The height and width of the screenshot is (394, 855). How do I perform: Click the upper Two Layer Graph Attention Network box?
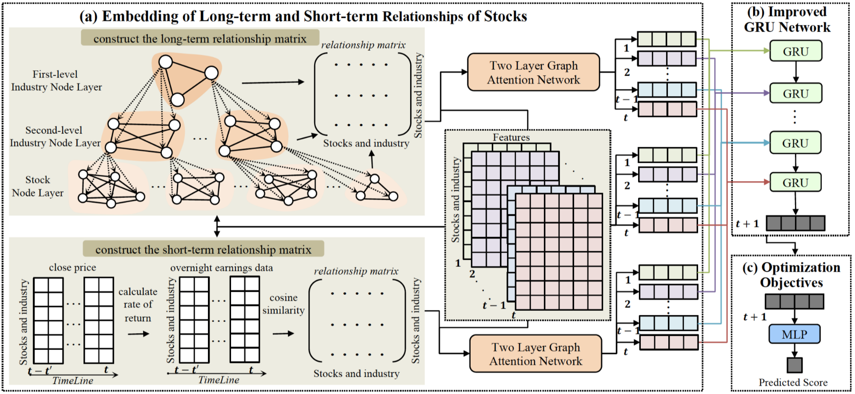[533, 72]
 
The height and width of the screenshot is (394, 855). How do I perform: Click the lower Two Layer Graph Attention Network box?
[535, 354]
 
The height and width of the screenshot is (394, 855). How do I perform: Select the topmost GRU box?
[795, 51]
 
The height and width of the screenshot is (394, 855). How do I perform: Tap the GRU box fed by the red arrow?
[795, 182]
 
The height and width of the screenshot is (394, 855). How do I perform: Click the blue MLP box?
[794, 334]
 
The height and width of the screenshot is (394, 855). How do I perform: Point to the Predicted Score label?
[793, 382]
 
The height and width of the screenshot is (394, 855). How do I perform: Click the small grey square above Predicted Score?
[794, 365]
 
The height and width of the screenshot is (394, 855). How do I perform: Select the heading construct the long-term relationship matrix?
[200, 39]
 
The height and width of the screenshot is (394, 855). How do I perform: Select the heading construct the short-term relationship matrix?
[203, 249]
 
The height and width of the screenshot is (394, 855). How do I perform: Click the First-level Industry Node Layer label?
[56, 80]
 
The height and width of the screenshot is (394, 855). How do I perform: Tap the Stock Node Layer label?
[38, 186]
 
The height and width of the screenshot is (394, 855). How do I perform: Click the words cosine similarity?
[284, 304]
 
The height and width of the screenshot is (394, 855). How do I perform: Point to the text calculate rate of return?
[138, 305]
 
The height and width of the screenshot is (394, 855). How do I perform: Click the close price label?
[72, 267]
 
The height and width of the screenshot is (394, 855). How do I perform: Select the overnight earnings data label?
[221, 268]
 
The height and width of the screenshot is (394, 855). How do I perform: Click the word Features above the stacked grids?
[511, 137]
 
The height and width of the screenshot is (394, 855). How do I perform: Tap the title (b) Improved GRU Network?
[787, 20]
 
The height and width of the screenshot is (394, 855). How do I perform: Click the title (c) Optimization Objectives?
[791, 275]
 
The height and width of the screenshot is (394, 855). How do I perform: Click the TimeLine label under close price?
[72, 381]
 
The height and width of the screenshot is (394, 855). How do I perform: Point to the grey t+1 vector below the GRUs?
[795, 223]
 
